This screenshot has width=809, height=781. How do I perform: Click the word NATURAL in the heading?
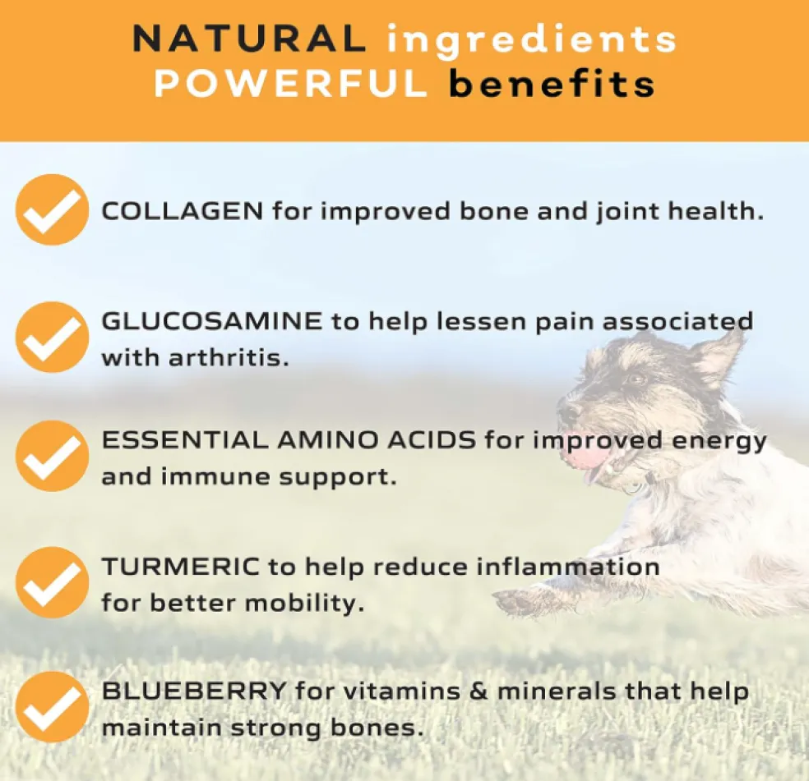pyautogui.click(x=249, y=39)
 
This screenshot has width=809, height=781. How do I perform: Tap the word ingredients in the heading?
pyautogui.click(x=531, y=41)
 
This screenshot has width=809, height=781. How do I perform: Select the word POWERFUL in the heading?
pyautogui.click(x=290, y=83)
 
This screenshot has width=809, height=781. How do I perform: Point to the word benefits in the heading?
pyautogui.click(x=552, y=83)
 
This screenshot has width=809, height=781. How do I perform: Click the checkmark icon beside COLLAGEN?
pyautogui.click(x=52, y=209)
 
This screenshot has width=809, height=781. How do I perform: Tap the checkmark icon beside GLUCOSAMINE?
pyautogui.click(x=52, y=338)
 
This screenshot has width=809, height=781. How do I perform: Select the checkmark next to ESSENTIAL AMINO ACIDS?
pyautogui.click(x=52, y=456)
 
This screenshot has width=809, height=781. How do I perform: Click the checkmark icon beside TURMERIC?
pyautogui.click(x=52, y=582)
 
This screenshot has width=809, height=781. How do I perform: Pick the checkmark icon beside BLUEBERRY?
pyautogui.click(x=52, y=707)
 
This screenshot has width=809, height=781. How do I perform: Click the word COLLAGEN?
pyautogui.click(x=183, y=211)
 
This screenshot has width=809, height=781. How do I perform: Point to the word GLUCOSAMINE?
pyautogui.click(x=212, y=321)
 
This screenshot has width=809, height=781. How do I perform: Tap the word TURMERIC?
pyautogui.click(x=181, y=567)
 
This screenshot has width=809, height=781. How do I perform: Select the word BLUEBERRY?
pyautogui.click(x=194, y=691)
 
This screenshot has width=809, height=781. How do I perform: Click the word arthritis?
pyautogui.click(x=229, y=357)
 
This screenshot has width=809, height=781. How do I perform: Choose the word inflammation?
pyautogui.click(x=568, y=567)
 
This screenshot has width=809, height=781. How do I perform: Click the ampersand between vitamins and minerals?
pyautogui.click(x=478, y=691)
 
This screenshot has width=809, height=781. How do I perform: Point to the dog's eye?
pyautogui.click(x=636, y=379)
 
